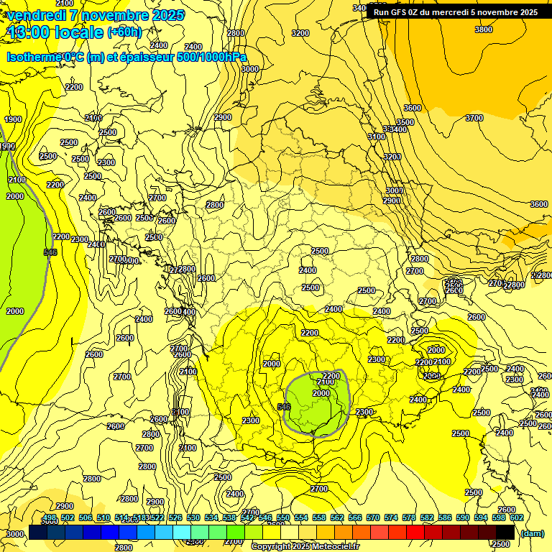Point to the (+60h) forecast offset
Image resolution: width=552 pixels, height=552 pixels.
pyautogui.click(x=124, y=32)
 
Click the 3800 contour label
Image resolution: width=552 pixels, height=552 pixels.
pyautogui.click(x=484, y=29)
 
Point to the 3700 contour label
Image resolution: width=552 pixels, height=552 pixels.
pyautogui.click(x=474, y=118)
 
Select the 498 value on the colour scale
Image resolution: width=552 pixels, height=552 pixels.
pyautogui.click(x=50, y=517)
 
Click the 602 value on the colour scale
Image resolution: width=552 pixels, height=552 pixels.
pyautogui.click(x=516, y=517)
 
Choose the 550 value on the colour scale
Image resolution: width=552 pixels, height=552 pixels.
pyautogui.click(x=283, y=517)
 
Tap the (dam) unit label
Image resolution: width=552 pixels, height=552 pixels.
pyautogui.click(x=532, y=533)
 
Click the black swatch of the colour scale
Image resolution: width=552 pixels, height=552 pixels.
pyautogui.click(x=505, y=532)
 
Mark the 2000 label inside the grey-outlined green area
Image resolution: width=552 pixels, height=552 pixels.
pyautogui.click(x=321, y=393)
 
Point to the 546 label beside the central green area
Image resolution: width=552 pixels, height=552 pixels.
pyautogui.click(x=284, y=407)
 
